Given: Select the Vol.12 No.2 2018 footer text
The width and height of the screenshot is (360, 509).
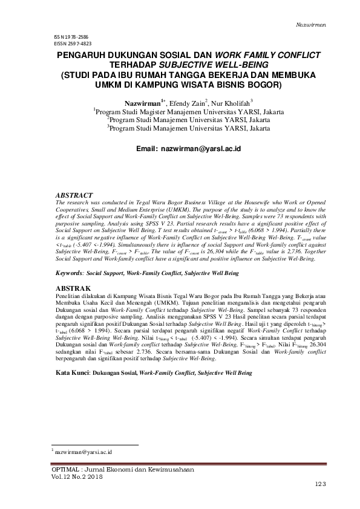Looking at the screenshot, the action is [x=79, y=477].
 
